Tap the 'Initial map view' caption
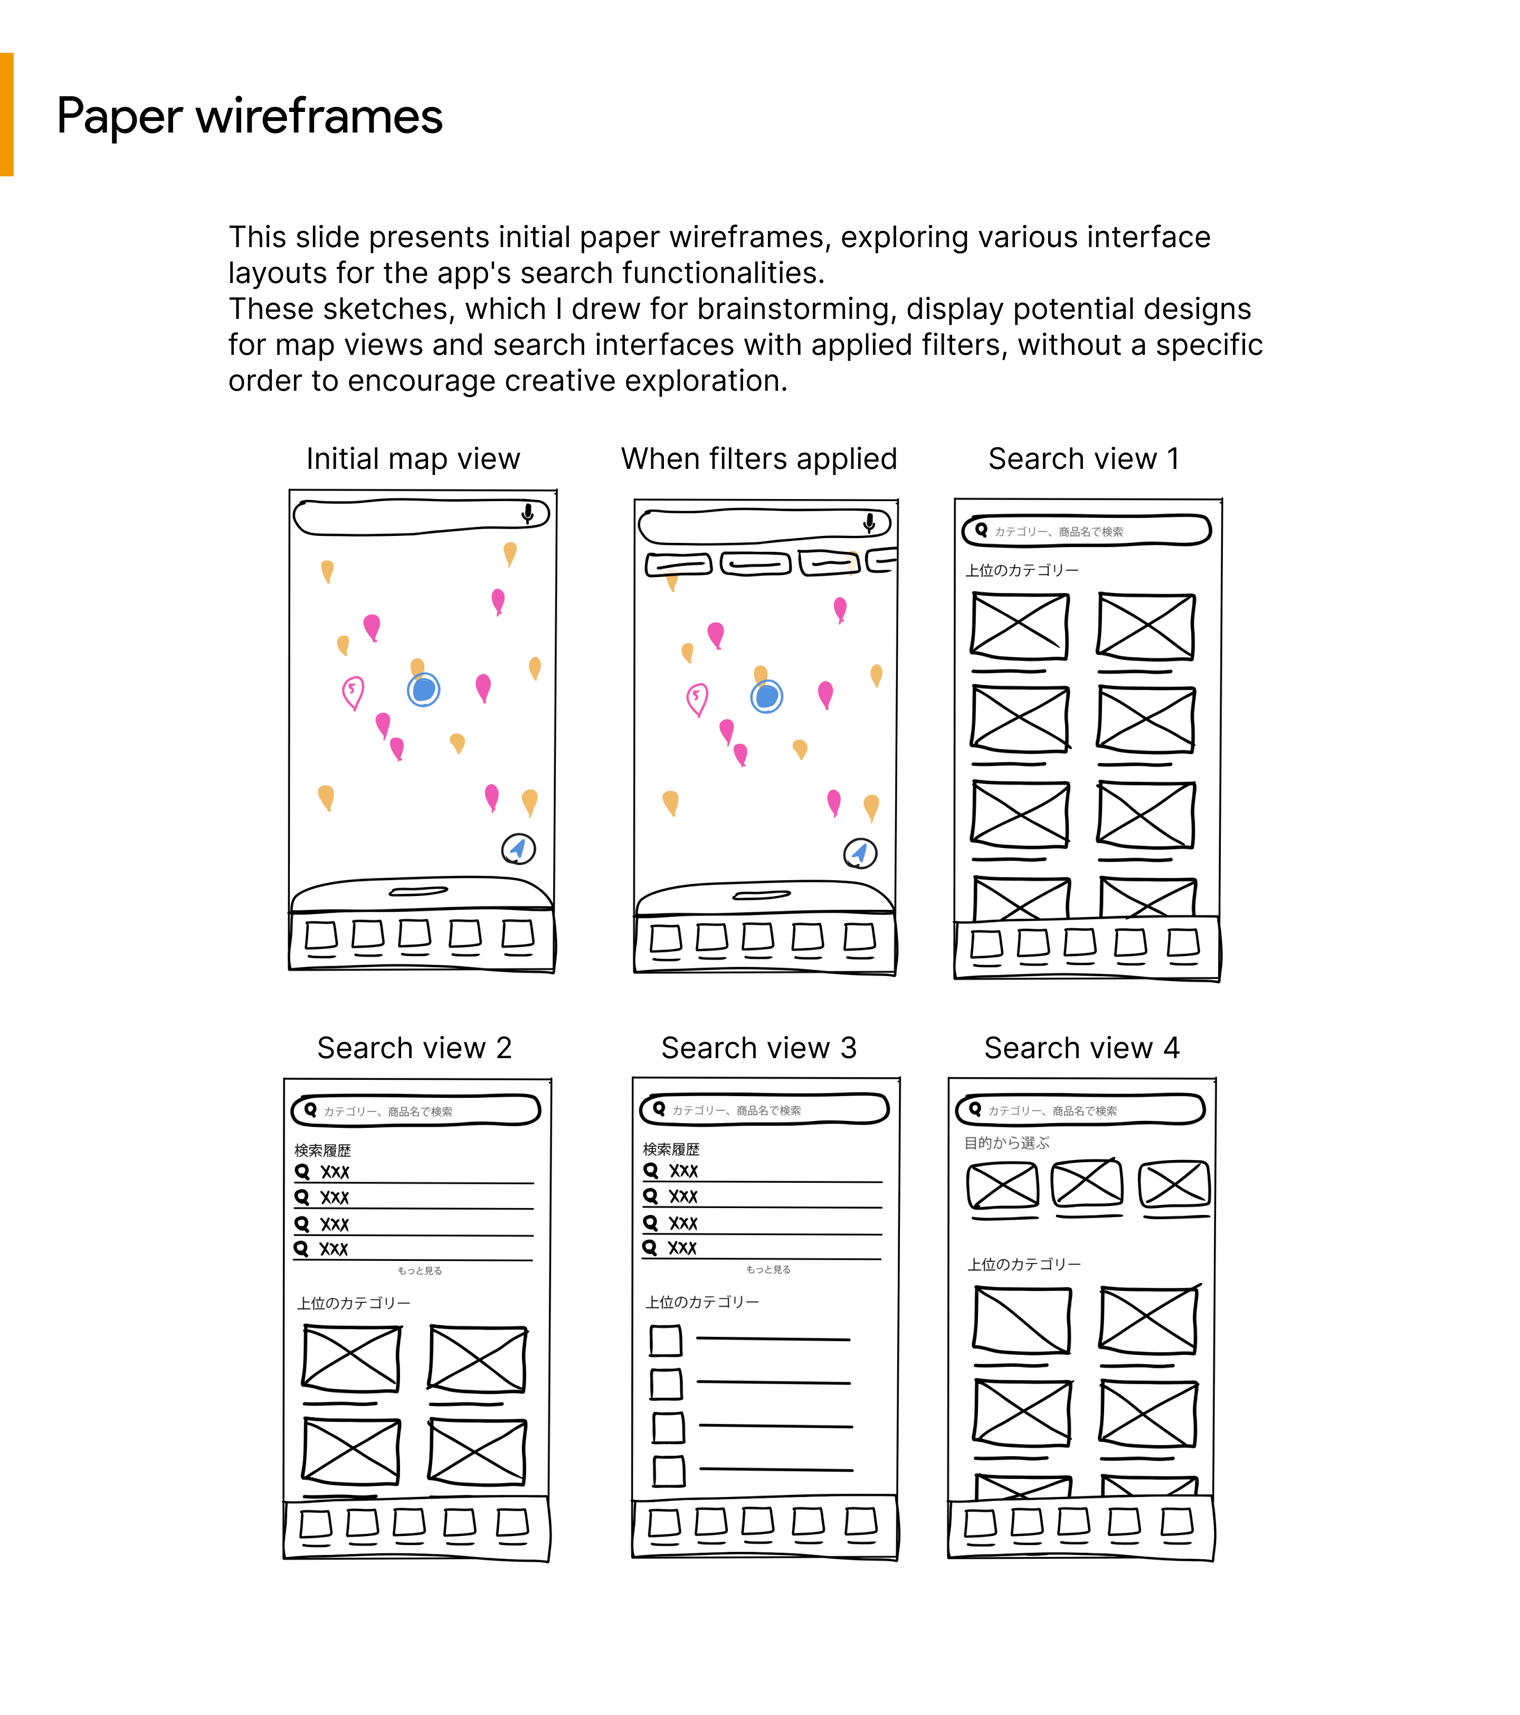point(413,459)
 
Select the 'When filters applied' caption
point(758,459)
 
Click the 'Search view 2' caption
point(414,1048)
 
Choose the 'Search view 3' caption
point(758,1048)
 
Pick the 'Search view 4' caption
point(1081,1048)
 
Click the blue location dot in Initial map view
point(424,690)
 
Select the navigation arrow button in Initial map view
point(518,849)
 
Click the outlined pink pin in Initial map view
point(353,692)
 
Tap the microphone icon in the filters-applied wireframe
point(870,523)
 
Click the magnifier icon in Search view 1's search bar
point(981,530)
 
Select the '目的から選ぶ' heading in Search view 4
point(1006,1143)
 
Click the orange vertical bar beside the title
point(7,115)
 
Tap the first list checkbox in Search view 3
point(666,1341)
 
